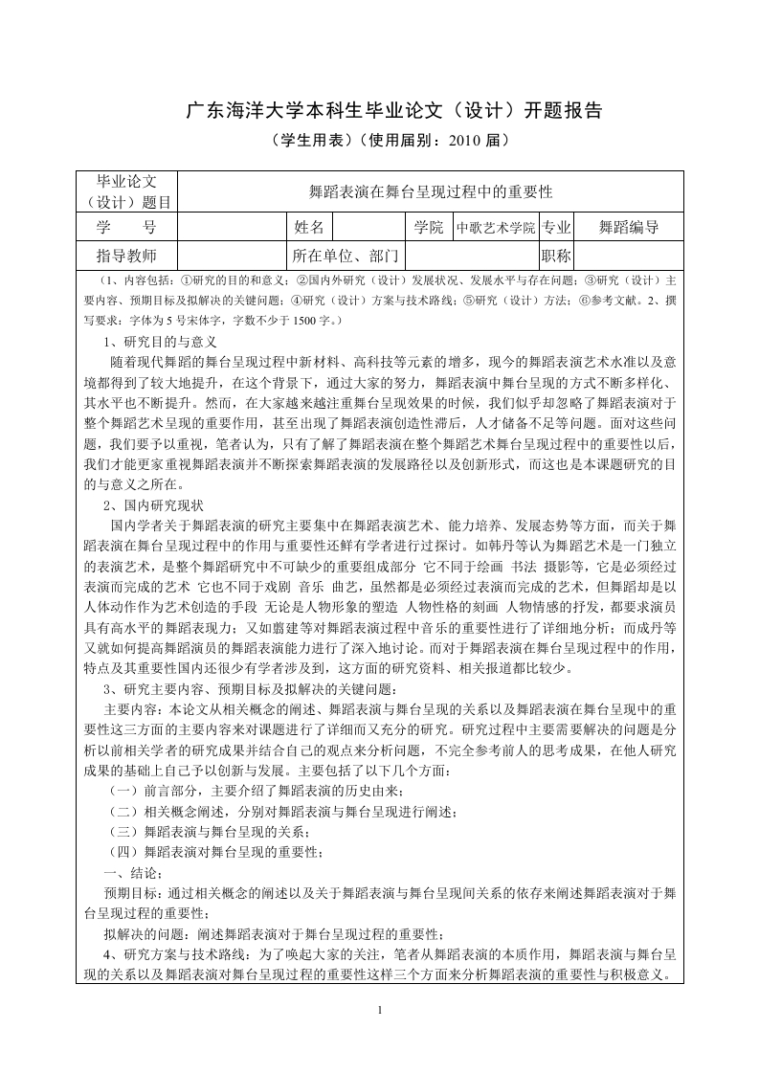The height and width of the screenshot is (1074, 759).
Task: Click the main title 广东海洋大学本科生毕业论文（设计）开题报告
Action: click(379, 110)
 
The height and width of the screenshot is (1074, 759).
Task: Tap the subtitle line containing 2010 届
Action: click(379, 140)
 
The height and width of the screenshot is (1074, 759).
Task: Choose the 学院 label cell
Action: click(429, 227)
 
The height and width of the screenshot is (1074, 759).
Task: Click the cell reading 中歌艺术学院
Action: click(495, 228)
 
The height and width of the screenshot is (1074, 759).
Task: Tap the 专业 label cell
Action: click(556, 227)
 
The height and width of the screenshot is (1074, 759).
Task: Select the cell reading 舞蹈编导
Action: click(628, 227)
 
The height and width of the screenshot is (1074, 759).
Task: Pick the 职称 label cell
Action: click(556, 256)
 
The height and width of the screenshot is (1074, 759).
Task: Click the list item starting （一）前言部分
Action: click(258, 790)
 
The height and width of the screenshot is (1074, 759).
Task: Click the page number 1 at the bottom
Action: click(380, 1011)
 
